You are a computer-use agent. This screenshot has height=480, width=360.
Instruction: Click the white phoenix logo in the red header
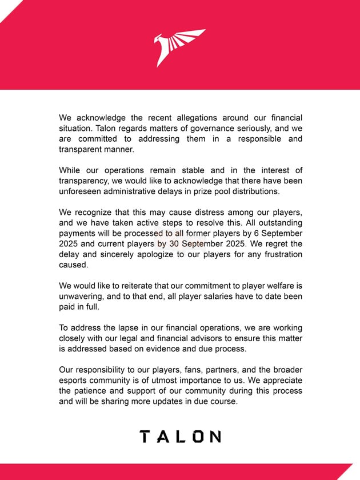179,48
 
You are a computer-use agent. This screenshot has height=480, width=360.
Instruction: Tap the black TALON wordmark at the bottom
180,437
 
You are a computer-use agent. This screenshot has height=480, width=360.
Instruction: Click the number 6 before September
259,234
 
